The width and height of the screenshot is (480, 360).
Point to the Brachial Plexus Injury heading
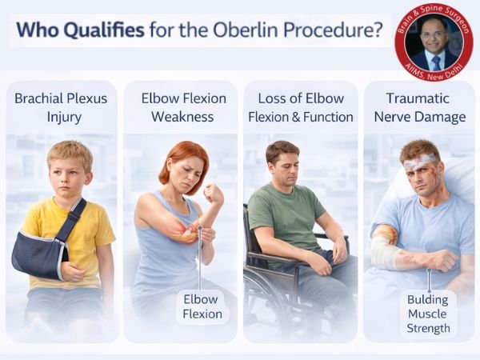[x=62, y=107]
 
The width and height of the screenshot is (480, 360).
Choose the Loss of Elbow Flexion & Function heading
[x=300, y=107]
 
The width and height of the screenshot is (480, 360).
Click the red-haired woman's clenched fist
[x=213, y=194]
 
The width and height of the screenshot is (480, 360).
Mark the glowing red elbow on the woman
[x=186, y=233]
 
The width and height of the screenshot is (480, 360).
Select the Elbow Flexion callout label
[x=202, y=306]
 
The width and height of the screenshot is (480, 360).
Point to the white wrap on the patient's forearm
[x=386, y=251]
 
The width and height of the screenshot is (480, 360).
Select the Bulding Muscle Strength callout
[x=428, y=313]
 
